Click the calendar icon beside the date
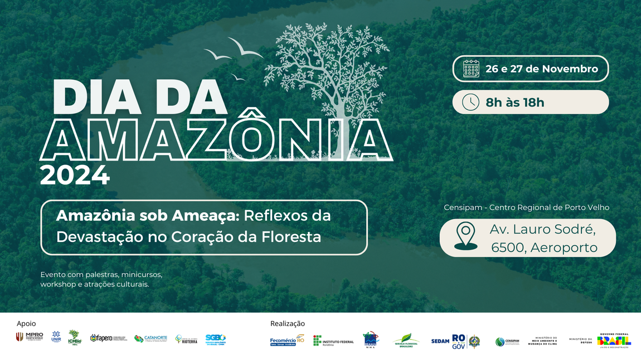pos(471,69)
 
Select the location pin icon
pos(465,236)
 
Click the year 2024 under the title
pos(75,176)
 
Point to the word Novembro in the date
pos(570,69)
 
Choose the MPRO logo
pos(30,337)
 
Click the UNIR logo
pos(56,337)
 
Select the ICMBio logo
pos(75,337)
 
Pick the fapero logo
pos(108,338)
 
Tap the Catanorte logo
pos(150,338)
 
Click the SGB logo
pos(215,338)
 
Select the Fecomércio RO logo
pos(286,340)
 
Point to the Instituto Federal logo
pos(333,340)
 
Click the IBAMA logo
pos(371,339)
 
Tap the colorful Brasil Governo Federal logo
pos(614,340)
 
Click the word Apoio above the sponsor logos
pos(26,323)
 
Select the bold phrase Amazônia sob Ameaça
pos(148,216)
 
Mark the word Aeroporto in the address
pos(564,247)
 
